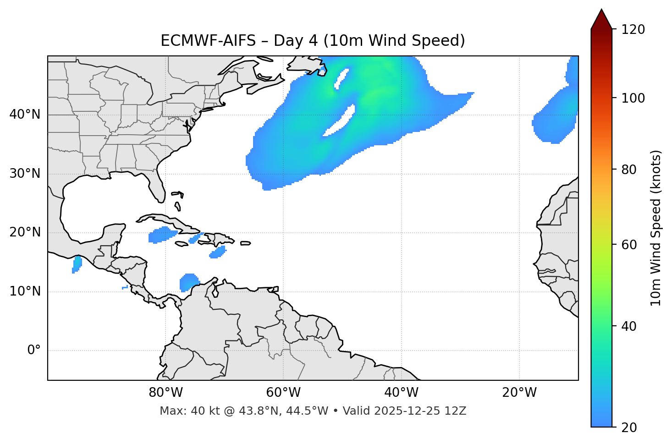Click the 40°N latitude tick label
25,115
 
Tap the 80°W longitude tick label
165,393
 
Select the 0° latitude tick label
34,351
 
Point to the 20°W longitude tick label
519,393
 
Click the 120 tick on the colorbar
633,30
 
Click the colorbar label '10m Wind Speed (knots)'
656,228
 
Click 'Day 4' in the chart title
293,41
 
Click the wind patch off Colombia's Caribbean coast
188,282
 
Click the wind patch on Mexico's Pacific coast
77,264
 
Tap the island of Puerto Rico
245,243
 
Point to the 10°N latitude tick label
25,291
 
